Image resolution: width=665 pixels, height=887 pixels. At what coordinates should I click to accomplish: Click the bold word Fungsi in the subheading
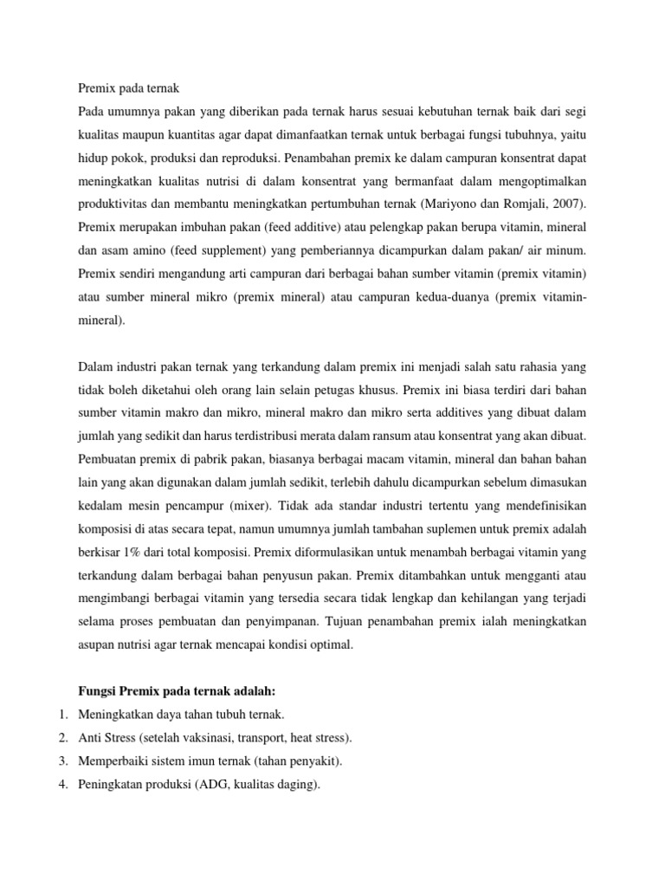click(97, 690)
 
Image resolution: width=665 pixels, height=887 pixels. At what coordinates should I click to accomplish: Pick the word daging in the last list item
click(300, 786)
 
